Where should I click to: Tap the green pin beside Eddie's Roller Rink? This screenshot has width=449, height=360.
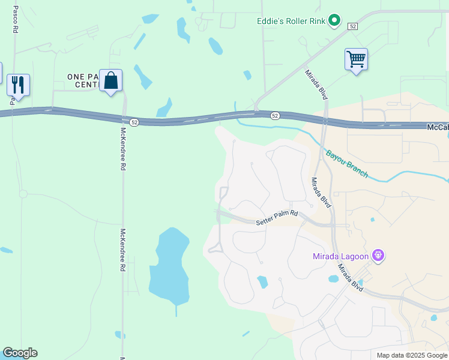pyautogui.click(x=334, y=22)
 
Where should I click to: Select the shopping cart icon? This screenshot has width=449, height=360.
pyautogui.click(x=356, y=59)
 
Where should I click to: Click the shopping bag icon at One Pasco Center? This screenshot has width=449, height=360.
pyautogui.click(x=111, y=80)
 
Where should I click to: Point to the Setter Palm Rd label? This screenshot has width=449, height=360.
pyautogui.click(x=277, y=217)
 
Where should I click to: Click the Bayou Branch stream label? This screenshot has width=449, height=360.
pyautogui.click(x=347, y=163)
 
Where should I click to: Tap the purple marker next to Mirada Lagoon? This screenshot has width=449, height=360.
pyautogui.click(x=378, y=256)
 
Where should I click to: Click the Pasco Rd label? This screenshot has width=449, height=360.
pyautogui.click(x=15, y=19)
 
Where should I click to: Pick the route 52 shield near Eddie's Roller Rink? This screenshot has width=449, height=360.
pyautogui.click(x=353, y=26)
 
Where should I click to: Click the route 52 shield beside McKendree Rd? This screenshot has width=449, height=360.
pyautogui.click(x=134, y=122)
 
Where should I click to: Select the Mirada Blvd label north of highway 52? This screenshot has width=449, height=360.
pyautogui.click(x=316, y=85)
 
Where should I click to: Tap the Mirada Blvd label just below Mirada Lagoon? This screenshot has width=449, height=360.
pyautogui.click(x=349, y=278)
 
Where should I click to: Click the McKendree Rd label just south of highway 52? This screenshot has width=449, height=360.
pyautogui.click(x=123, y=149)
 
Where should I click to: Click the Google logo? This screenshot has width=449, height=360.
pyautogui.click(x=20, y=353)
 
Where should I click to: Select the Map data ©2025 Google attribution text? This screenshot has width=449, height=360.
pyautogui.click(x=412, y=355)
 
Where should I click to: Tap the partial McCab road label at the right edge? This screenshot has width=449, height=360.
pyautogui.click(x=438, y=127)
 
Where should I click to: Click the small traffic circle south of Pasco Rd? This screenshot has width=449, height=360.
pyautogui.click(x=23, y=194)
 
